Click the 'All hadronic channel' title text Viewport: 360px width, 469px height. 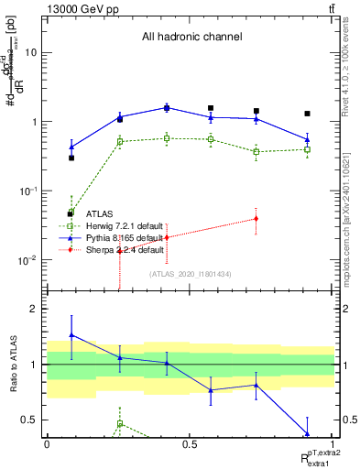191,38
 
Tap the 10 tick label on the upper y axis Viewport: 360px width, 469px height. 30,52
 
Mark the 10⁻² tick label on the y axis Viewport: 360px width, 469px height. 27,260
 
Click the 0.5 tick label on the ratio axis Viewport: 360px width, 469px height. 29,420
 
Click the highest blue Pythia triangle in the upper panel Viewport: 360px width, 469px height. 167,107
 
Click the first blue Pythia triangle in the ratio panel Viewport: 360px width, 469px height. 71,335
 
